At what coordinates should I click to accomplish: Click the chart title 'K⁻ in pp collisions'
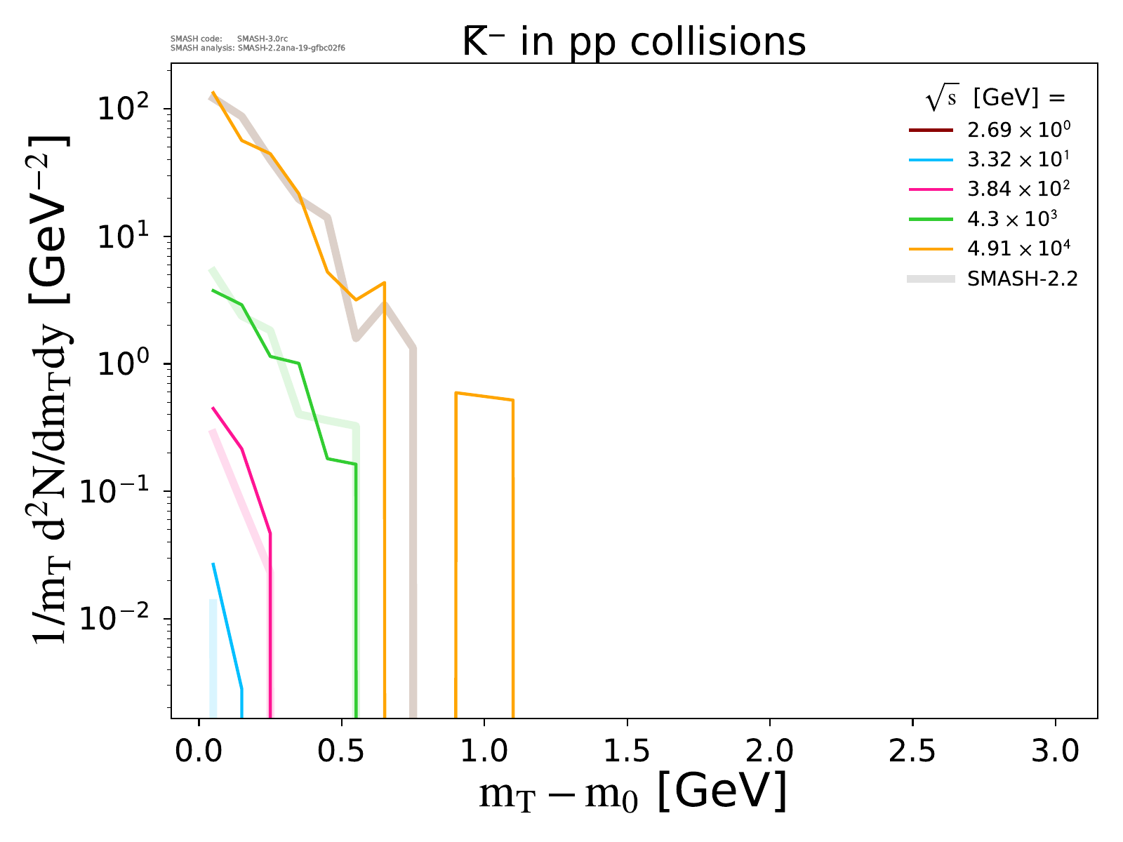(634, 42)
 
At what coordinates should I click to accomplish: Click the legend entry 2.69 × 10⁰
(1018, 131)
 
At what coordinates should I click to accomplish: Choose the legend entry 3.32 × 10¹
(1018, 160)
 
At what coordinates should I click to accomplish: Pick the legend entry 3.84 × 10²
(1018, 189)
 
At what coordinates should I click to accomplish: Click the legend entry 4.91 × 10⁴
(1018, 248)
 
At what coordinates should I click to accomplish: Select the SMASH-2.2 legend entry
(1022, 279)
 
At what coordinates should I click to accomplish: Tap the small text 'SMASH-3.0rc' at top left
(262, 39)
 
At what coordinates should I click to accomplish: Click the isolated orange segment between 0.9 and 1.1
(484, 396)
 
